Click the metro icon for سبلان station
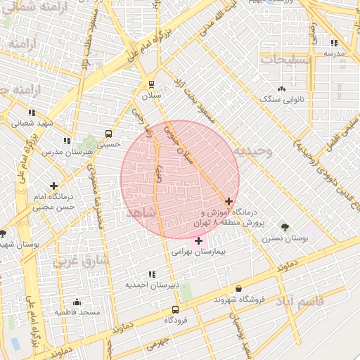151,84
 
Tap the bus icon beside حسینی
108,133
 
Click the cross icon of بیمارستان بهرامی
198,240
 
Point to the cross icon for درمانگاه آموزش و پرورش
229,201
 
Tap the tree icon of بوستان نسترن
285,227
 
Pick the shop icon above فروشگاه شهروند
239,288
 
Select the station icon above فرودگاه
175,309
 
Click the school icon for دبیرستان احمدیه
152,274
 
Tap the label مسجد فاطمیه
77,311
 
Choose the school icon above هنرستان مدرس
67,141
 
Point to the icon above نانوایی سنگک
281,89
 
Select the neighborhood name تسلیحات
285,60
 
